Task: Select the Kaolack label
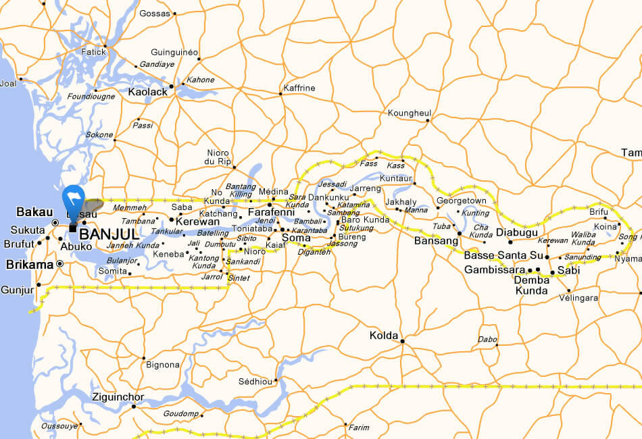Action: [x=147, y=91]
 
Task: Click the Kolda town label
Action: [x=383, y=335]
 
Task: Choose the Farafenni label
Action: [x=270, y=212]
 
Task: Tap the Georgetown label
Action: [x=461, y=201]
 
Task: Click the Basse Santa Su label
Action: [x=503, y=256]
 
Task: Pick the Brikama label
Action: [x=29, y=265]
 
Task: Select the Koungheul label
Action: [x=409, y=113]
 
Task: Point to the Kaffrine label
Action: [x=299, y=88]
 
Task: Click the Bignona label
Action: [x=162, y=365]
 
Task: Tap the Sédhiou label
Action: [x=255, y=382]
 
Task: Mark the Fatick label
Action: [x=94, y=51]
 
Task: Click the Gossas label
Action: [x=155, y=13]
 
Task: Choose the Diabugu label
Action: [x=516, y=232]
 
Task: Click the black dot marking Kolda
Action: [x=402, y=341]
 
